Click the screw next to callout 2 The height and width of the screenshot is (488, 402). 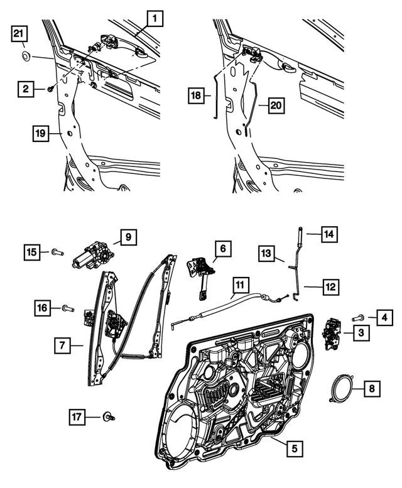[50, 90]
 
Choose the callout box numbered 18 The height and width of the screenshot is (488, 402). [196, 96]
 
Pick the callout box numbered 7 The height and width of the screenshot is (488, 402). [63, 344]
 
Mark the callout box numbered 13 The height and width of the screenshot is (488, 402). [266, 254]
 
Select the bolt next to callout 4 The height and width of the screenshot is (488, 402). [360, 318]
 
